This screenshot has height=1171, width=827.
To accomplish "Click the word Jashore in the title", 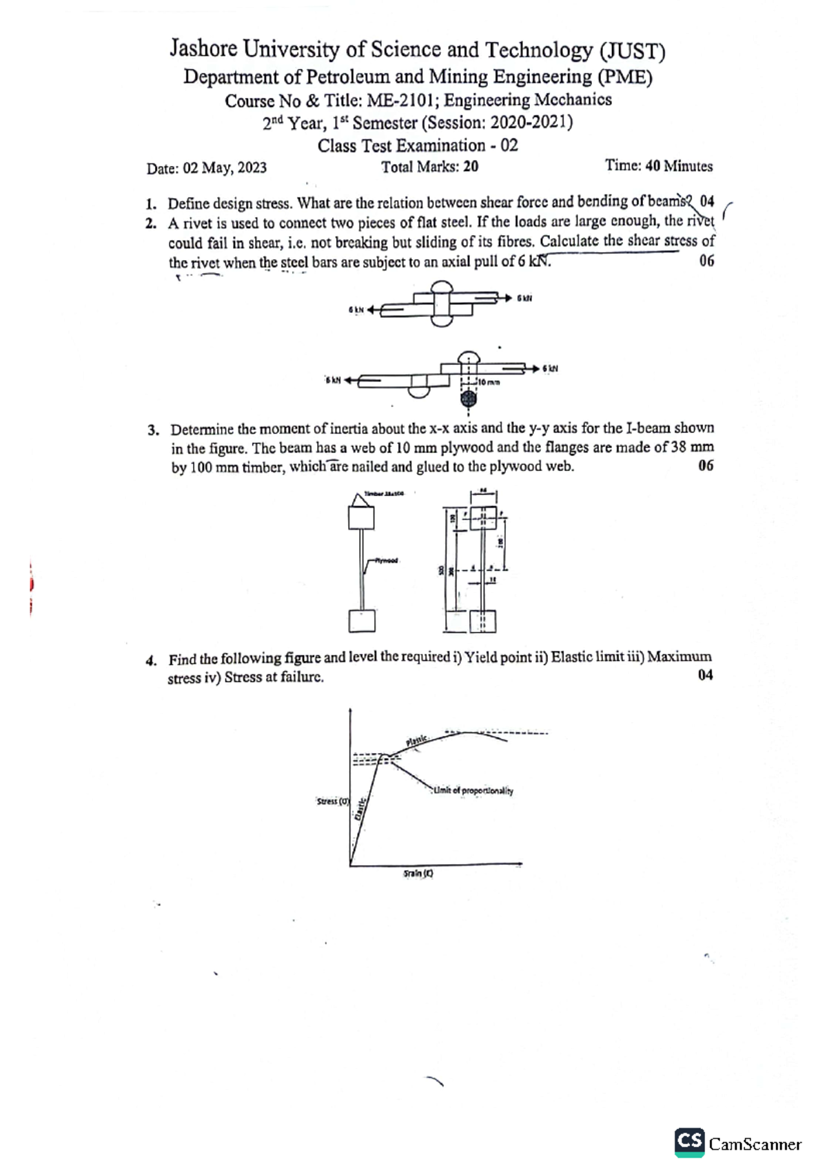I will click(203, 50).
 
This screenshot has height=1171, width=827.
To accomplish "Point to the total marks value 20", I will click(471, 167).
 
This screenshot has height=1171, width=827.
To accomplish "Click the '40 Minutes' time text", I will click(679, 166).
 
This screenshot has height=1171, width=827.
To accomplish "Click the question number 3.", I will click(153, 430).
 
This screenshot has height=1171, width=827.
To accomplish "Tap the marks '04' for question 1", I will click(706, 201).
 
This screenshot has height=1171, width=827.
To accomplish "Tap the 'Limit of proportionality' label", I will click(473, 791).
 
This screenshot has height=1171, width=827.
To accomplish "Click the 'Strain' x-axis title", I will click(418, 873).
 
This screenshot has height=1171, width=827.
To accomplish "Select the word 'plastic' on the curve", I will click(417, 741).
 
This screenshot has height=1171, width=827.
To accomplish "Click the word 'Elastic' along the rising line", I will click(360, 808).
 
